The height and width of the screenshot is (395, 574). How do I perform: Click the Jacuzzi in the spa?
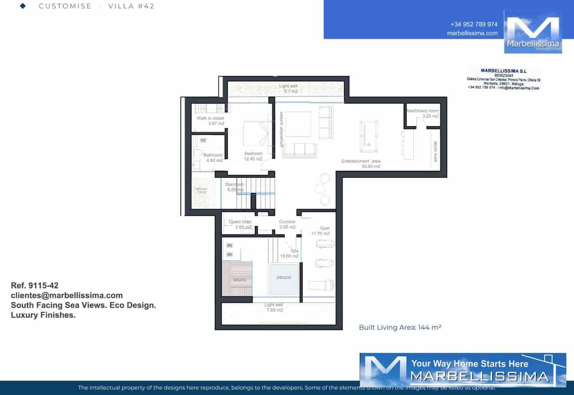pos(283,279)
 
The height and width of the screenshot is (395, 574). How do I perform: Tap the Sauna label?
pos(240,280)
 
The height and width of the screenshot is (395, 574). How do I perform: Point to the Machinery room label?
pos(422,111)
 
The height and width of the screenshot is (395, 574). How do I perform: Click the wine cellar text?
pos(435,151)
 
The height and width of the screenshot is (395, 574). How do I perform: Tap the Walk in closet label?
pos(210,118)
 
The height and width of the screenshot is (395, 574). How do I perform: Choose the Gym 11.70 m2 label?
pos(321,231)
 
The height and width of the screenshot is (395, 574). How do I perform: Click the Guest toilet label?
pos(240,222)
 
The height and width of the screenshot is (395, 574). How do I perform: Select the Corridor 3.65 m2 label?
pos(287,224)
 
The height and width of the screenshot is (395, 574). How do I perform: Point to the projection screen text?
pos(281,129)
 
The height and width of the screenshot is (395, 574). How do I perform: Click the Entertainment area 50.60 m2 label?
pos(361,164)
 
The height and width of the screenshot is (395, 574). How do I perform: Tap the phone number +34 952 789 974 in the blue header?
pos(474,24)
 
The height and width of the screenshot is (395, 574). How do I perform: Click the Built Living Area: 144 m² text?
pos(400,327)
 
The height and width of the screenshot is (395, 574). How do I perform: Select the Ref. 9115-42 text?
pos(35,285)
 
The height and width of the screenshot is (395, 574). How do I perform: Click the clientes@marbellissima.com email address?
pos(67,295)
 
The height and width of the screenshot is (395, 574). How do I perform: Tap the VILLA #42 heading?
pos(131,6)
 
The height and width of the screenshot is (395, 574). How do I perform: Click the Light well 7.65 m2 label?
pos(274,307)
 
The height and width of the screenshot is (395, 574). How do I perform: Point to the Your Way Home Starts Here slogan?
pos(470,364)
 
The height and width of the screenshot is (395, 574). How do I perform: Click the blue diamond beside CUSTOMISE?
pos(23,6)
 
